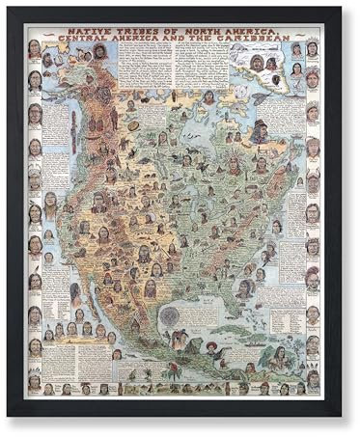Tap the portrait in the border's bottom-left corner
tap(35, 386)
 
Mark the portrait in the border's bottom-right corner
tap(312, 386)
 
